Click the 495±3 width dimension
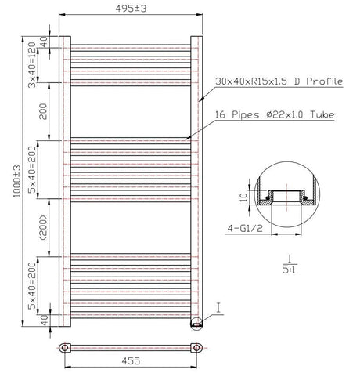(x=131, y=9)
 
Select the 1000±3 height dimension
(x=17, y=181)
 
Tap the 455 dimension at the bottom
(x=131, y=361)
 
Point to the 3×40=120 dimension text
(x=32, y=65)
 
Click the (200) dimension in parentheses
(x=43, y=228)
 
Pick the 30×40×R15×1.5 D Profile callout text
(x=279, y=81)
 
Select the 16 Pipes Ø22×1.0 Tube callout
(x=275, y=114)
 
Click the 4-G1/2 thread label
(x=245, y=229)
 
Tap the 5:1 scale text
(x=290, y=270)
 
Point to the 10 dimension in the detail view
(x=244, y=197)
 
